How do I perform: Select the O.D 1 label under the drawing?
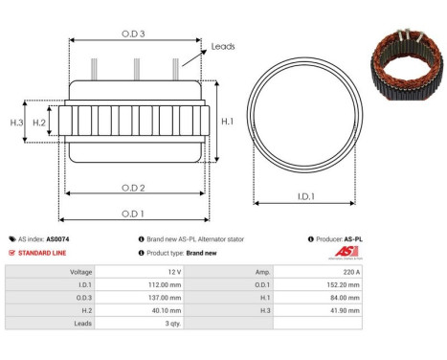(134, 213)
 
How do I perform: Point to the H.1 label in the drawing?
(227, 122)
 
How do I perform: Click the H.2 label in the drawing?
(39, 123)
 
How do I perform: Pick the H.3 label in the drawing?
(16, 123)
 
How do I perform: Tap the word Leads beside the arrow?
(222, 46)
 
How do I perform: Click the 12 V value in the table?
(172, 272)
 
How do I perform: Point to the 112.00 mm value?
(164, 284)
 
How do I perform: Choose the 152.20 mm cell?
(344, 284)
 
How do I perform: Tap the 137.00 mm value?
(164, 298)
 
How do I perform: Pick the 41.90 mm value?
(346, 310)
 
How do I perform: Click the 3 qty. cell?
(169, 324)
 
